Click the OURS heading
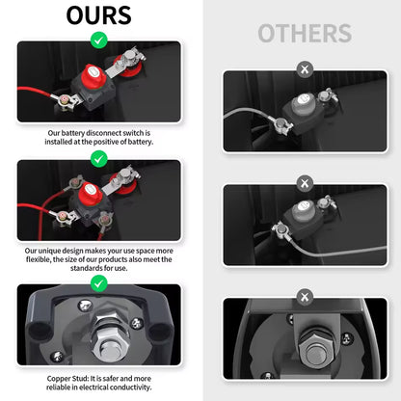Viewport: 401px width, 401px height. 98,15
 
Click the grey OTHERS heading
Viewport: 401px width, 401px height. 305,33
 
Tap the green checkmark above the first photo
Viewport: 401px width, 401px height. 99,40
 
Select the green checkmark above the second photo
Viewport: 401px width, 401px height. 99,159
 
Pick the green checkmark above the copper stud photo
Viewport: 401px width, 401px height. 99,283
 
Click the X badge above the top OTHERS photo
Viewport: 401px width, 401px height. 305,69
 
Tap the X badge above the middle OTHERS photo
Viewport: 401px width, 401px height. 305,183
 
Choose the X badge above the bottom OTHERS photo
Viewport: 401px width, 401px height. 305,297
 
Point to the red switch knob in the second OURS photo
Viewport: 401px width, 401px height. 91,194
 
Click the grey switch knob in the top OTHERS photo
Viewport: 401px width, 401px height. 303,104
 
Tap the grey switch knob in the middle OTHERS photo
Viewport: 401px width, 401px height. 303,210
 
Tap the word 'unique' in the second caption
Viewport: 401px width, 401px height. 49,251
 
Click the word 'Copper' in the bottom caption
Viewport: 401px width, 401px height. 58,379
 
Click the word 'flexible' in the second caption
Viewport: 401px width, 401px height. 39,259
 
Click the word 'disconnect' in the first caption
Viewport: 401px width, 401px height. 103,133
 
